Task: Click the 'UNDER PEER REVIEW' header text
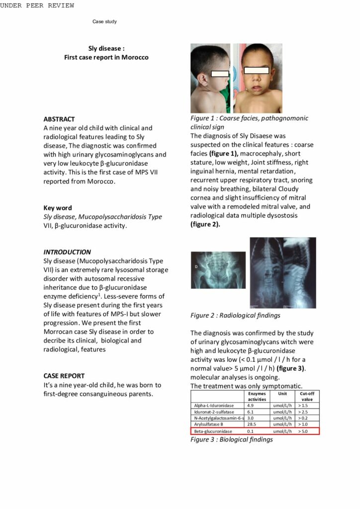coord(37,5)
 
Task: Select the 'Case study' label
coord(104,22)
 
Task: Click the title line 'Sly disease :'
coord(106,48)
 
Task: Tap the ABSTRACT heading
coord(59,119)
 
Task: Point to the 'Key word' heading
coord(58,208)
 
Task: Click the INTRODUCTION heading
coord(67,252)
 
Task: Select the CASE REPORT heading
coord(64,376)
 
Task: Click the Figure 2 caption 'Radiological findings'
coord(250,315)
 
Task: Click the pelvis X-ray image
coord(218,270)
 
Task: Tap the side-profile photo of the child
coord(210,78)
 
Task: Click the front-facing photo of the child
coord(258,78)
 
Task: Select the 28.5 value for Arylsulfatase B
coord(251,424)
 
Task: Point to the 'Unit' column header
coord(282,393)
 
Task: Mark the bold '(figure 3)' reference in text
coord(291,368)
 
